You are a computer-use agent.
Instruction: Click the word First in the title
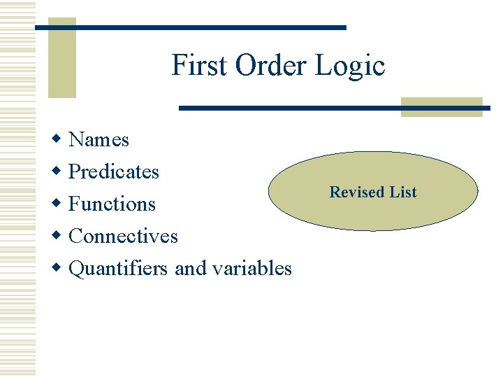[201, 66]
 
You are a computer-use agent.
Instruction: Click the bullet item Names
[99, 139]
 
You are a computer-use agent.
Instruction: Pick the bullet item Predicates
[114, 171]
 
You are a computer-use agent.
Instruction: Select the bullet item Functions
[112, 204]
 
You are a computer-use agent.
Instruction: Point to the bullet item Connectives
[124, 236]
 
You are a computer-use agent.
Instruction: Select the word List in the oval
[404, 192]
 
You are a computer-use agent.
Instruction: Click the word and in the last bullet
[190, 268]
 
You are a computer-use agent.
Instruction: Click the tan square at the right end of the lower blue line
[442, 106]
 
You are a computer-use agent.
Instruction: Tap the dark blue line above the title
[191, 27]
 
